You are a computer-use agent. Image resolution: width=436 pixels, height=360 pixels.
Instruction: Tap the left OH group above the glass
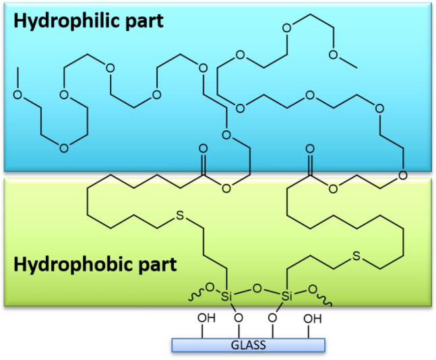pyautogui.click(x=204, y=319)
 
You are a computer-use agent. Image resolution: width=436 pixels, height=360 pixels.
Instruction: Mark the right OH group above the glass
pyautogui.click(x=311, y=319)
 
